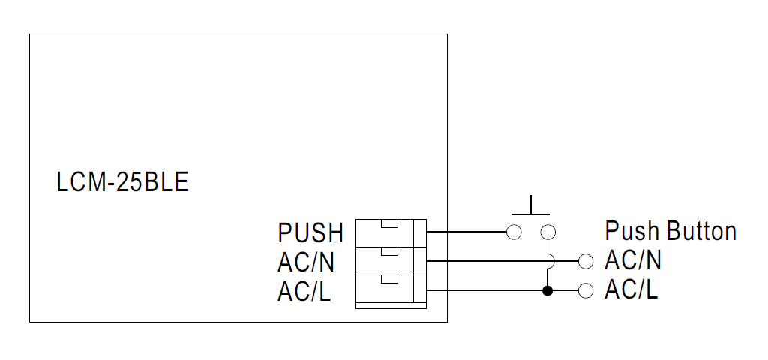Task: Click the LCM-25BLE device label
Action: pos(122,182)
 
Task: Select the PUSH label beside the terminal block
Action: pos(310,233)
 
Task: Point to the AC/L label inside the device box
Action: pos(304,292)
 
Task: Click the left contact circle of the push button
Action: pos(514,232)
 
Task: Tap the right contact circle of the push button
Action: pos(548,232)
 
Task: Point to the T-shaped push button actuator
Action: pos(531,207)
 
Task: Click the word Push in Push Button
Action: pos(633,231)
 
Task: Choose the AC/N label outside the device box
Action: pos(633,261)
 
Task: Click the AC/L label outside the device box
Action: pos(631,290)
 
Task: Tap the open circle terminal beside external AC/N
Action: pos(586,261)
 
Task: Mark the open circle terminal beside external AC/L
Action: pos(586,290)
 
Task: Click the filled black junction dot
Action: pos(548,290)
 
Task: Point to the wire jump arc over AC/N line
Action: pos(550,261)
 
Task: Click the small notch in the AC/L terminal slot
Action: pos(388,280)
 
